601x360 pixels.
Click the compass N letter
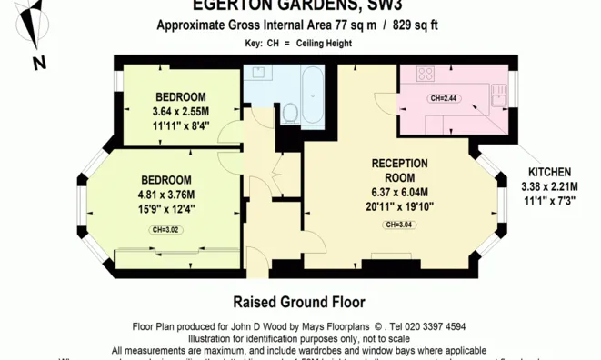(x=38, y=63)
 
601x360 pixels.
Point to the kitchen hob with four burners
(x=424, y=76)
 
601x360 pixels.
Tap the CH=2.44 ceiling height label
(x=446, y=98)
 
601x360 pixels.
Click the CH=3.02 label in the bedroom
(x=165, y=229)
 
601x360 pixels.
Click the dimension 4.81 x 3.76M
(x=166, y=195)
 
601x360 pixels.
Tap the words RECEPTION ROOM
(x=400, y=170)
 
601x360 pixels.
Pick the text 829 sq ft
(x=415, y=25)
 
